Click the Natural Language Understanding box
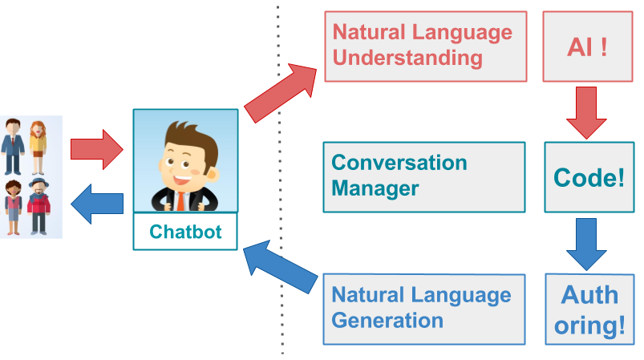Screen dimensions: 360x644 [x=425, y=46]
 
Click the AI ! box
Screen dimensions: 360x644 [x=587, y=47]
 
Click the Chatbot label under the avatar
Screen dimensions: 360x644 [x=185, y=233]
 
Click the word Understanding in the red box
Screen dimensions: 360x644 [x=407, y=58]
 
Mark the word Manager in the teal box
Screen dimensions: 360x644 [x=375, y=188]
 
